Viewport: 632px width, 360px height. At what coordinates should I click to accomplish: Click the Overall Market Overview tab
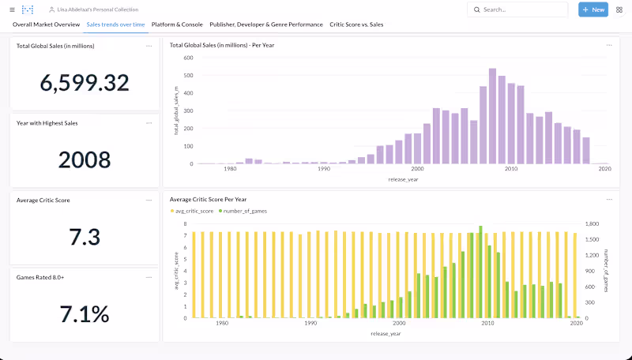tap(46, 24)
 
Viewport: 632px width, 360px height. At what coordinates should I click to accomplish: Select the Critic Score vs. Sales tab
tap(356, 24)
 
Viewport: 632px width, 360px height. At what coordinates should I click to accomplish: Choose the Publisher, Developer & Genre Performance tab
tap(266, 24)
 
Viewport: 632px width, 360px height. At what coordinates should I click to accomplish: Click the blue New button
tap(593, 9)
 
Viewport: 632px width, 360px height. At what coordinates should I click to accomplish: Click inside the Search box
tap(521, 9)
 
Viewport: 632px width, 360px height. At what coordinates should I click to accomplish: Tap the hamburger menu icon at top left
tap(11, 9)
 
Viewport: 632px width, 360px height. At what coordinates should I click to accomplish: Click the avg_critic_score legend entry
tap(192, 212)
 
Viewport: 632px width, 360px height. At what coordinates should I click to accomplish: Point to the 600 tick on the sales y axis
tap(188, 58)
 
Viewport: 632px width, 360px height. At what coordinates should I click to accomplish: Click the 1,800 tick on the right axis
tap(592, 224)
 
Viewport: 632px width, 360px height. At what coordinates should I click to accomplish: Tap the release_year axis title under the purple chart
tap(404, 179)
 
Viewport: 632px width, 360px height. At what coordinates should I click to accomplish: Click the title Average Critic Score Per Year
tap(209, 200)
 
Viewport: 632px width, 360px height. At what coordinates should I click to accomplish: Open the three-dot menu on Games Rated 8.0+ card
tap(149, 277)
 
